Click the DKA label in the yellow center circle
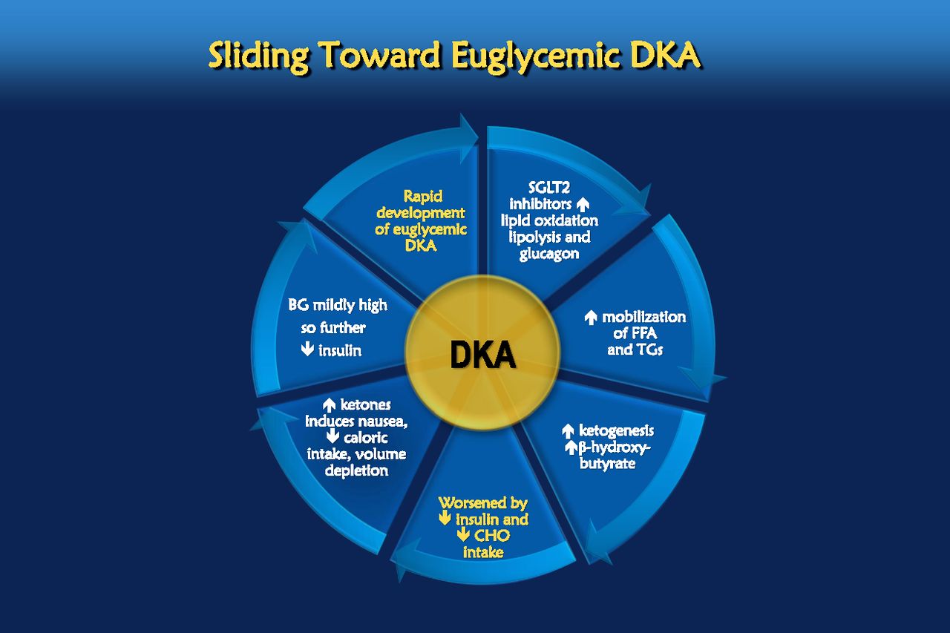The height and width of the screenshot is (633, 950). tap(482, 355)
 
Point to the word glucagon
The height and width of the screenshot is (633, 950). tap(549, 254)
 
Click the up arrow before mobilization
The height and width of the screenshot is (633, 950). tap(591, 318)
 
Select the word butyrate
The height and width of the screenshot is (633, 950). tap(607, 464)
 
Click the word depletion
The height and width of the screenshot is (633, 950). tap(357, 470)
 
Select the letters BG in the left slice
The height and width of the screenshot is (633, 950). tap(298, 305)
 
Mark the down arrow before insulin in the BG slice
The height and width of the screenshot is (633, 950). tap(307, 350)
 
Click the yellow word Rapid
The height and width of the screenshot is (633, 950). tap(423, 196)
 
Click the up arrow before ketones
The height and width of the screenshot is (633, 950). tap(329, 405)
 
